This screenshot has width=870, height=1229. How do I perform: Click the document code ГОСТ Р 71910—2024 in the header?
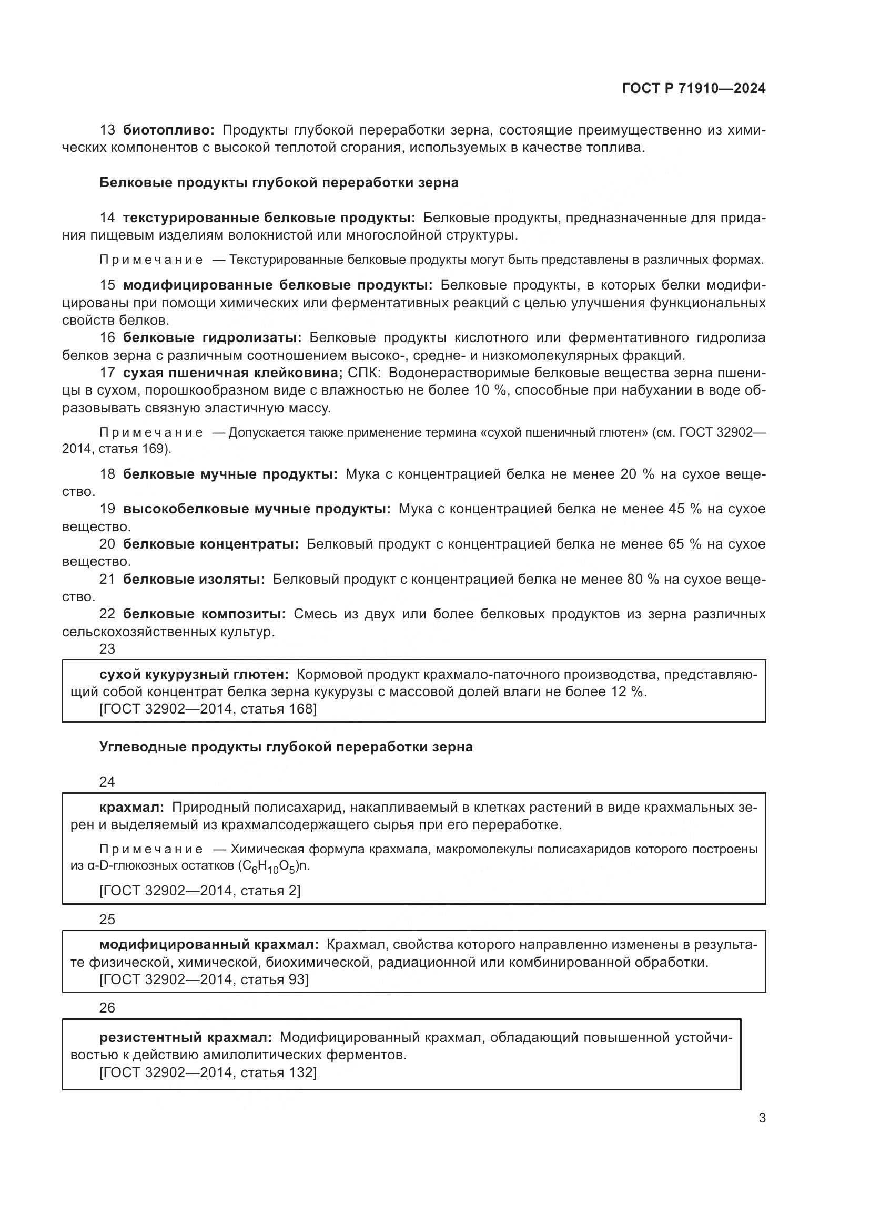[x=693, y=88]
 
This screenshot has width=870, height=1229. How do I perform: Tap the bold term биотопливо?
[x=168, y=130]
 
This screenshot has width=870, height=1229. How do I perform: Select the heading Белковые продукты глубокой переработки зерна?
[x=279, y=182]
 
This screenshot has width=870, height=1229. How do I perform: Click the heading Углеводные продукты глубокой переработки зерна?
[x=286, y=747]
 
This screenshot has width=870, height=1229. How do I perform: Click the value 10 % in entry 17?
[x=490, y=390]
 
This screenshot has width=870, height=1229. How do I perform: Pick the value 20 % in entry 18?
[x=637, y=474]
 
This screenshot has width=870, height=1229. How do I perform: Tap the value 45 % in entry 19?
[x=685, y=509]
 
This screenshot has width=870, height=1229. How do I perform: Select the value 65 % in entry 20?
[x=684, y=544]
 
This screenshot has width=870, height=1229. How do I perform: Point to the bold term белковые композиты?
[x=204, y=614]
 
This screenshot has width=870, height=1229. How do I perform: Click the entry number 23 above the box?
[x=107, y=649]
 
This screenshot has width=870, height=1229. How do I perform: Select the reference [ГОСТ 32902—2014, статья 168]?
[x=208, y=709]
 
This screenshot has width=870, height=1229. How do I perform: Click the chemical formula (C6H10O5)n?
[x=273, y=866]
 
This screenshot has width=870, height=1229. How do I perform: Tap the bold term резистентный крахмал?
[x=185, y=1038]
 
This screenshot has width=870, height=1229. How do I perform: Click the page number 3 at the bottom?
[x=762, y=1118]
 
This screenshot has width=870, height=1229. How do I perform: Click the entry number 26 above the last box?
[x=107, y=1008]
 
